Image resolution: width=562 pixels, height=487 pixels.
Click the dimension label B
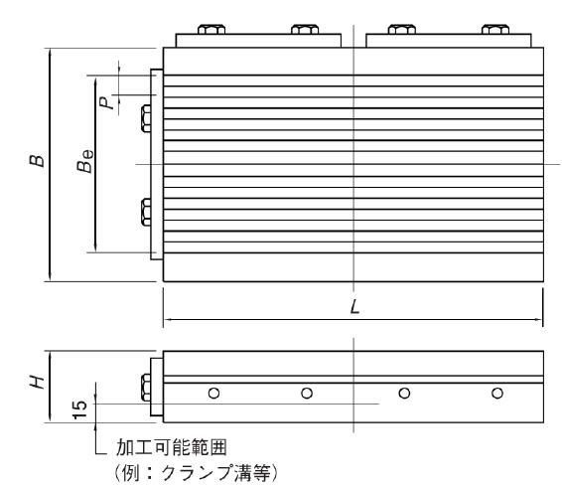(x=37, y=161)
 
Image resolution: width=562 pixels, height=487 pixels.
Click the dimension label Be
(x=85, y=161)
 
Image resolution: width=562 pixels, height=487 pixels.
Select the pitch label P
(x=106, y=103)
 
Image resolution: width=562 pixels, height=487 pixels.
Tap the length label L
(x=354, y=307)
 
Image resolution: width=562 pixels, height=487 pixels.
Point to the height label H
(x=37, y=383)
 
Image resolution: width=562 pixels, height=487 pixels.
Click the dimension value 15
(x=79, y=409)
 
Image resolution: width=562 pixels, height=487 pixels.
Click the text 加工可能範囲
(x=172, y=447)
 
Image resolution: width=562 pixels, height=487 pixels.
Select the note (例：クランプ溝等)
(x=196, y=473)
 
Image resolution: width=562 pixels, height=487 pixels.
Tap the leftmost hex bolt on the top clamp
(x=211, y=29)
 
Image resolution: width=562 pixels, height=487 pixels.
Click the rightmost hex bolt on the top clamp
(x=495, y=29)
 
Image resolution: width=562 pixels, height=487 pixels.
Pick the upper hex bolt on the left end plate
(x=146, y=118)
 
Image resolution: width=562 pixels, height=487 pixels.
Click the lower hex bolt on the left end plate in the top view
(x=146, y=212)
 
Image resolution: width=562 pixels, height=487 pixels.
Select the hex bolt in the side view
(x=146, y=388)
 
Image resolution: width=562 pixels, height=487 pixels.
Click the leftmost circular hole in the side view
(x=213, y=393)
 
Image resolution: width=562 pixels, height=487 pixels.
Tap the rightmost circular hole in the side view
(x=497, y=393)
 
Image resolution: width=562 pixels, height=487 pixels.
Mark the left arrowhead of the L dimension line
(x=168, y=319)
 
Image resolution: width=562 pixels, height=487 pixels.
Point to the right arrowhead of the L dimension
(x=539, y=319)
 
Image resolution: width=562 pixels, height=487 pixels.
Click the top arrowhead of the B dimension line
(x=50, y=53)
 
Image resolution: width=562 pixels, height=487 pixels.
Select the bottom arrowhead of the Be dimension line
(x=95, y=247)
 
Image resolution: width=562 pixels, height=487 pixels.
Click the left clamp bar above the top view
(x=258, y=41)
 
